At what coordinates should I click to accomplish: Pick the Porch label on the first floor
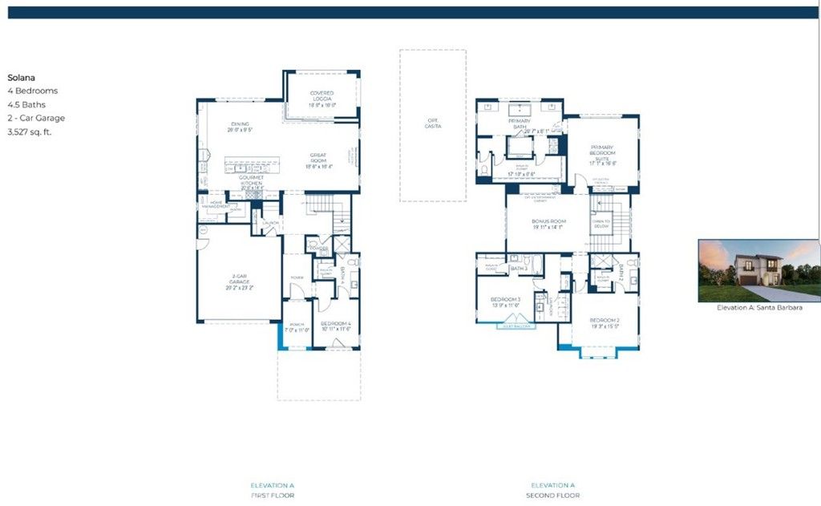tap(296, 326)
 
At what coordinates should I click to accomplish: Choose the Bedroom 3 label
tap(505, 302)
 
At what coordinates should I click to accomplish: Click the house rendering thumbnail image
tap(758, 269)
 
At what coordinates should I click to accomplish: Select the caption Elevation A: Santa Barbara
tap(758, 307)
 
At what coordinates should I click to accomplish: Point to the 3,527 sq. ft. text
tap(30, 132)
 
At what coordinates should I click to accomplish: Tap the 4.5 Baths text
tap(26, 104)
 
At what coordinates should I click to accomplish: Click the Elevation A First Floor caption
tap(272, 490)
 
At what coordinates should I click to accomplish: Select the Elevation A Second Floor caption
tap(553, 490)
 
